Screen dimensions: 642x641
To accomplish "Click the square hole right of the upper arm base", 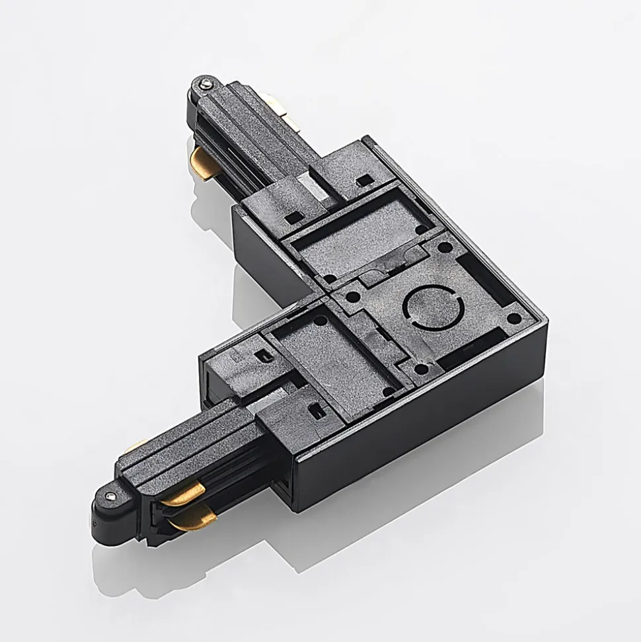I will [x=361, y=180].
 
